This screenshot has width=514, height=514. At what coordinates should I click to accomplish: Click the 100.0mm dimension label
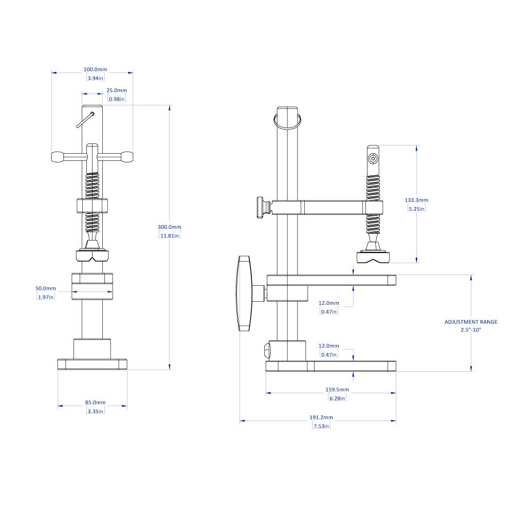(x=95, y=69)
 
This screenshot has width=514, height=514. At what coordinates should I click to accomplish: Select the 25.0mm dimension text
(x=116, y=90)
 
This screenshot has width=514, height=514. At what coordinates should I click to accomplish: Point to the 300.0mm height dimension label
(x=170, y=227)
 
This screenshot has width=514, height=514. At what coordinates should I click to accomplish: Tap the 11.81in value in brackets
(x=170, y=235)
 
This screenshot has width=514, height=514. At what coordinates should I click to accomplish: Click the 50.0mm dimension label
(x=46, y=288)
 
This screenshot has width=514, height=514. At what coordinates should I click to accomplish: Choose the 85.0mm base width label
(x=95, y=402)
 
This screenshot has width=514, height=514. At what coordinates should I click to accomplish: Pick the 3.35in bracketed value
(x=95, y=411)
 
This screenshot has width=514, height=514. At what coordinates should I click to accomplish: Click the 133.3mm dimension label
(x=416, y=200)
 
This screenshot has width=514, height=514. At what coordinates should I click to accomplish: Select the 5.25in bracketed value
(x=416, y=209)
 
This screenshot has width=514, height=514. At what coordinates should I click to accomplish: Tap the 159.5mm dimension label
(x=337, y=389)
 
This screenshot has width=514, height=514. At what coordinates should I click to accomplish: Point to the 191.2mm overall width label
(x=321, y=417)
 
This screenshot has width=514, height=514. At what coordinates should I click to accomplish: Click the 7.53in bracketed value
(x=321, y=426)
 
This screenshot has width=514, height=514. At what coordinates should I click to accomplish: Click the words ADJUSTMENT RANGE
(x=471, y=322)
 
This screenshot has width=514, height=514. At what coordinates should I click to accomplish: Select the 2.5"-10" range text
(x=471, y=330)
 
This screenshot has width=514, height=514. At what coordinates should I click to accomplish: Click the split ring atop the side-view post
(x=287, y=122)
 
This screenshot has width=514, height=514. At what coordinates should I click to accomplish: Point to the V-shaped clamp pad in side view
(x=373, y=256)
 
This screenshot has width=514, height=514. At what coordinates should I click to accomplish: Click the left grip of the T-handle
(x=58, y=157)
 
